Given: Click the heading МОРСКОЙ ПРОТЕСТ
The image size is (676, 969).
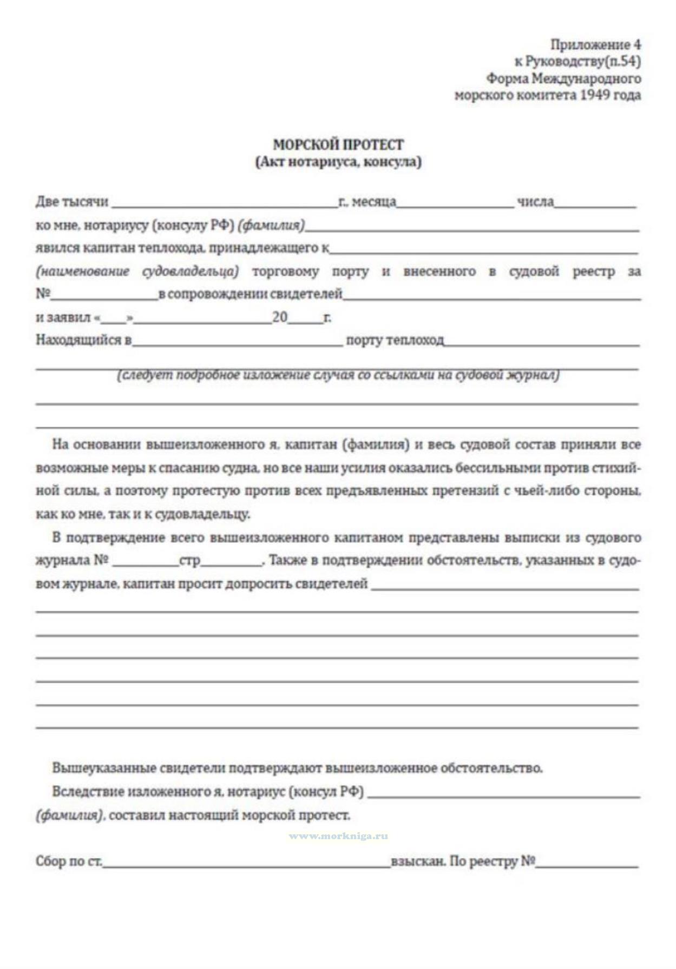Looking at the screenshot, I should pyautogui.click(x=338, y=145).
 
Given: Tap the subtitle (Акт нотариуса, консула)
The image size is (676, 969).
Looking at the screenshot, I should pyautogui.click(x=338, y=162).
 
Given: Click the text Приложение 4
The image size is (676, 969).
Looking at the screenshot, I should pyautogui.click(x=595, y=44).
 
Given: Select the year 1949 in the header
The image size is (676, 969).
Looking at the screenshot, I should pyautogui.click(x=601, y=96).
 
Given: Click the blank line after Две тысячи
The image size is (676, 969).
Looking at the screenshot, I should pyautogui.click(x=224, y=204).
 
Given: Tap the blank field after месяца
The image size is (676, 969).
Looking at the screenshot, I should pyautogui.click(x=456, y=204).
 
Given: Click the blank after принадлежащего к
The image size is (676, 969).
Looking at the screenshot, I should pyautogui.click(x=484, y=250).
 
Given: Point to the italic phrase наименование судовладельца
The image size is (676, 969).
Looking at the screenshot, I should pyautogui.click(x=137, y=271).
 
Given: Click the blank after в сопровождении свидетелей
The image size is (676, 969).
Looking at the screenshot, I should pyautogui.click(x=491, y=296).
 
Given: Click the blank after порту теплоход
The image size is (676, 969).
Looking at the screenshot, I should pyautogui.click(x=541, y=342).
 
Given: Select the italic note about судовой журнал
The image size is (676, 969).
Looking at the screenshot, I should pyautogui.click(x=338, y=375).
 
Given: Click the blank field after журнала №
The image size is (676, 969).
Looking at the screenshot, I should pyautogui.click(x=146, y=563).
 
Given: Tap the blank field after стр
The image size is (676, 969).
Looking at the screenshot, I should pyautogui.click(x=231, y=563).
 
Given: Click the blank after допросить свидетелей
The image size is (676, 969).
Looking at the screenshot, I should pyautogui.click(x=505, y=587).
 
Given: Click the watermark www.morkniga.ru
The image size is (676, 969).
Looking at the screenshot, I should pyautogui.click(x=338, y=836).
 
